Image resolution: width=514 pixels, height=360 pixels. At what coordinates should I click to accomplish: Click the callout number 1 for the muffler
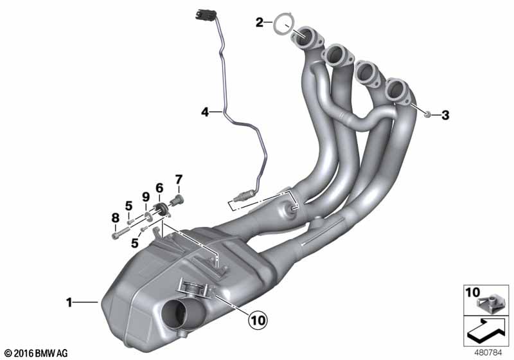click(69, 302)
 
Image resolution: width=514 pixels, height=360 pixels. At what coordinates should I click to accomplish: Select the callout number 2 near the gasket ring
click(260, 22)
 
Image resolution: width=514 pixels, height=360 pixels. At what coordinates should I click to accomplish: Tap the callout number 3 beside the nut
click(445, 115)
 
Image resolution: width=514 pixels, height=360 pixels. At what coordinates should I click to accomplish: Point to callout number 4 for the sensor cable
click(205, 113)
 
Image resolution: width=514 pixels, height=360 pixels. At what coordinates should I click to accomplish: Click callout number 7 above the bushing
click(179, 179)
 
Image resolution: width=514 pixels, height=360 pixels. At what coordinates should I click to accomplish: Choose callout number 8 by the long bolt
click(115, 217)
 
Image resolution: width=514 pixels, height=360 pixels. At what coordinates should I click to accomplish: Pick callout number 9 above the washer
click(146, 197)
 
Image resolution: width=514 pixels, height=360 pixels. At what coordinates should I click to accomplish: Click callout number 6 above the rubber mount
click(159, 188)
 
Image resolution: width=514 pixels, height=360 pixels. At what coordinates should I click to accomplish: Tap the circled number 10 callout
click(258, 319)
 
